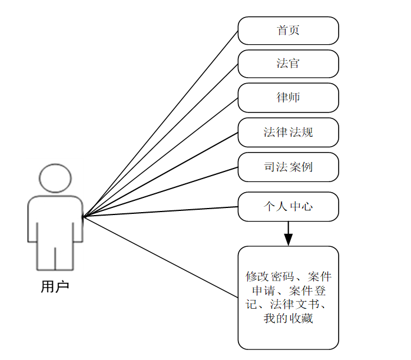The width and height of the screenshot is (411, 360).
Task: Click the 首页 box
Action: [x=288, y=31]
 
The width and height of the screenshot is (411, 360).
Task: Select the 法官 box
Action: [x=288, y=64]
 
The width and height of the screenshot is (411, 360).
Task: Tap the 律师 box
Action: [x=288, y=97]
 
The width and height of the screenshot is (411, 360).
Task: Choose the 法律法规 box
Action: [x=288, y=132]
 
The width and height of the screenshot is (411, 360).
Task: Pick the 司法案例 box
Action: [x=288, y=167]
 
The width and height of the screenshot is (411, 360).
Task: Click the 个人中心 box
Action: [x=288, y=207]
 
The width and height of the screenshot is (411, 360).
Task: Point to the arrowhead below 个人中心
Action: [x=288, y=239]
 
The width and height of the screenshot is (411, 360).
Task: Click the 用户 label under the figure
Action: [x=55, y=287]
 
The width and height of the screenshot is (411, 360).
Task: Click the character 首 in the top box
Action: [x=282, y=31]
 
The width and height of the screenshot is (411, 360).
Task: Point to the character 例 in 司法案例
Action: [x=306, y=167]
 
